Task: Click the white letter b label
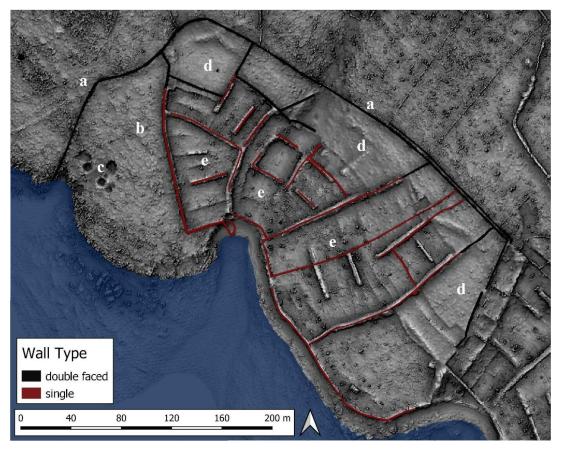tap(139, 129)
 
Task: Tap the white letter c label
tap(101, 168)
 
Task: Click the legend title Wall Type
tap(54, 353)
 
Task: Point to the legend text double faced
tap(76, 376)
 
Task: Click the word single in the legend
tap(60, 393)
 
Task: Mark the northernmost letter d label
tap(208, 66)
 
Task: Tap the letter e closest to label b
tap(205, 161)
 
